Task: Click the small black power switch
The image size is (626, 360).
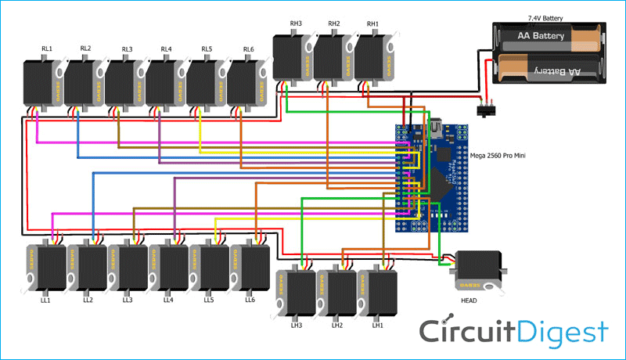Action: [x=491, y=105]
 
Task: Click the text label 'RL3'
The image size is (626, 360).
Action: [x=127, y=49]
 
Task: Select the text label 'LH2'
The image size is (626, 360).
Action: [x=336, y=325]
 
